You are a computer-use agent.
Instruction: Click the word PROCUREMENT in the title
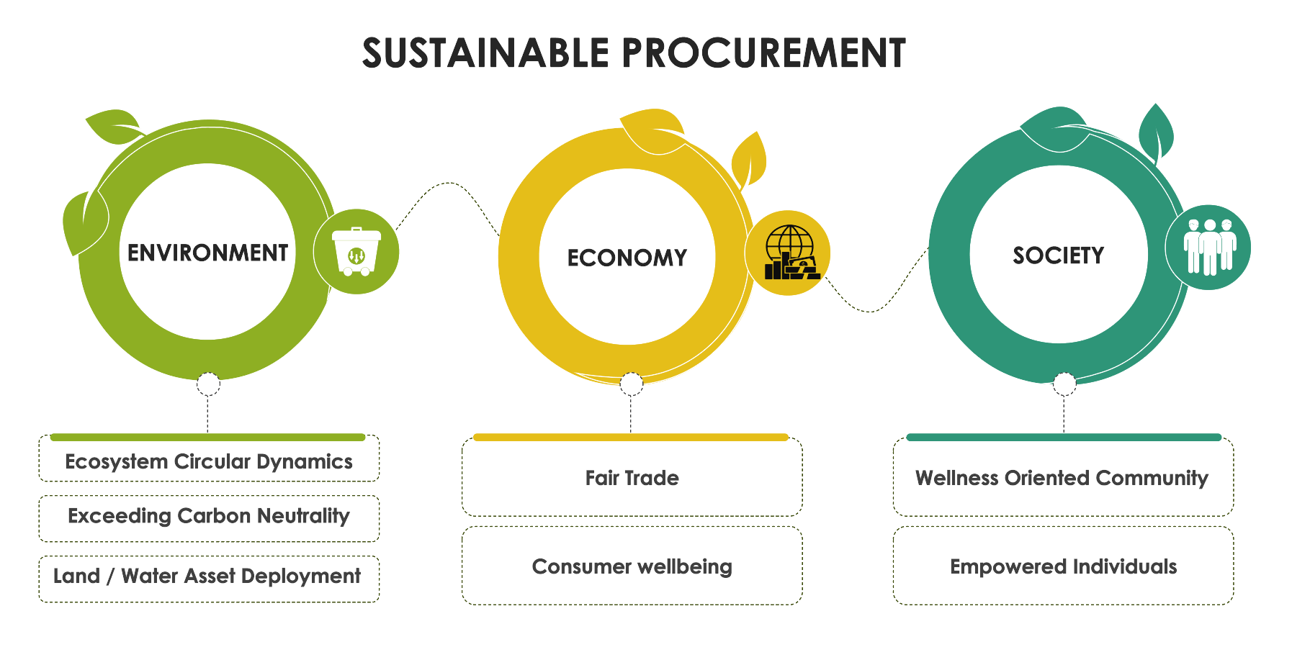pos(763,53)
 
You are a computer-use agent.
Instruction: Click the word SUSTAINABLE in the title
pos(486,53)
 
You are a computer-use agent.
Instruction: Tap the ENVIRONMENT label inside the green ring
pos(207,253)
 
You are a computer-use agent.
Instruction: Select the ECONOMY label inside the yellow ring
pos(627,258)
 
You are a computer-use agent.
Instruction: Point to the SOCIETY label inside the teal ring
pos(1058,255)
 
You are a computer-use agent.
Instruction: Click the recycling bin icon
pos(356,251)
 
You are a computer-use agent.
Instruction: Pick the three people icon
pos(1209,247)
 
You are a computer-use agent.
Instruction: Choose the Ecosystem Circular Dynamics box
pos(209,458)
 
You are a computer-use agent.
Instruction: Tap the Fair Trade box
pos(632,477)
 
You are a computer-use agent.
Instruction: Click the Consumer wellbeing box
pos(632,566)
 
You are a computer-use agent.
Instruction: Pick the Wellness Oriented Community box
pos(1063,477)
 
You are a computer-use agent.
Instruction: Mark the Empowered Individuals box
pos(1063,566)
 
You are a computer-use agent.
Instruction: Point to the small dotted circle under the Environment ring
pos(208,384)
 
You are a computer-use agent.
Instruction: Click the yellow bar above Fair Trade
pos(631,437)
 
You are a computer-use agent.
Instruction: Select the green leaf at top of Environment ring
pos(113,126)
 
